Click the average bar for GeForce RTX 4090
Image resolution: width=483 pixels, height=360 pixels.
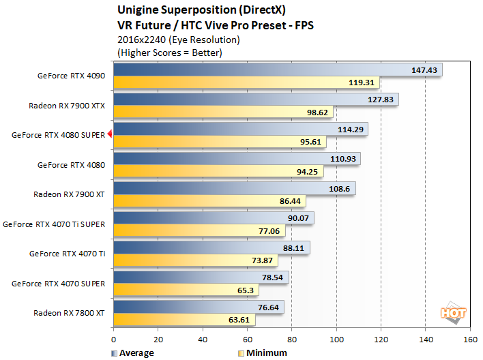pyautogui.click(x=273, y=70)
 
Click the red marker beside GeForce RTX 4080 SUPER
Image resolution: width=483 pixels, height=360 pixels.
pyautogui.click(x=109, y=135)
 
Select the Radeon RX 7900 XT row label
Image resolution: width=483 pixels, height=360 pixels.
pyautogui.click(x=69, y=194)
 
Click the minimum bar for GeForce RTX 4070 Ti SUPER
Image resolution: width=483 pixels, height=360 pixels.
pyautogui.click(x=198, y=230)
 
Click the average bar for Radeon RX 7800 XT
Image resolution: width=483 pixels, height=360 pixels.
pyautogui.click(x=198, y=307)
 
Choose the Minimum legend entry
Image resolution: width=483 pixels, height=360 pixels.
pyautogui.click(x=263, y=353)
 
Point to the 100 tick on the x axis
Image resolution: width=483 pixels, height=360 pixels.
pyautogui.click(x=336, y=339)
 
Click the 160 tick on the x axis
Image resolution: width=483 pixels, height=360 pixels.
pyautogui.click(x=470, y=339)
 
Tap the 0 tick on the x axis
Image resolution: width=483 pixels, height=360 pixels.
pyautogui.click(x=114, y=339)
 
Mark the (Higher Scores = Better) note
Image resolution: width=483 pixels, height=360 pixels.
pyautogui.click(x=170, y=52)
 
